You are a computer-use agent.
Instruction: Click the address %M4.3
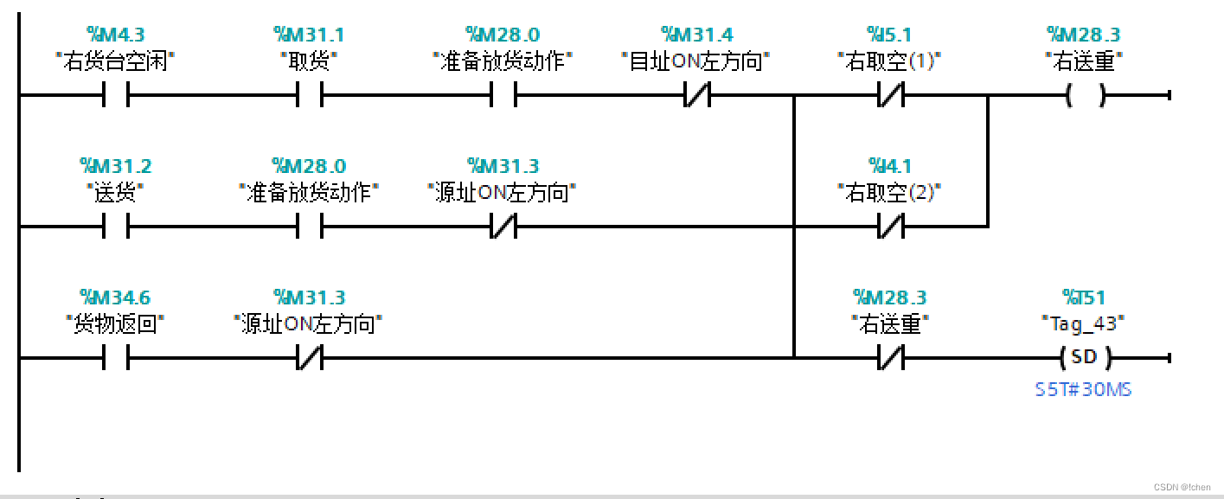pyautogui.click(x=115, y=35)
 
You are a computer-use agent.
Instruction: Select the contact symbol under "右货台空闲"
pyautogui.click(x=115, y=95)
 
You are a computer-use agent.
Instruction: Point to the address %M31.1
pyautogui.click(x=309, y=35)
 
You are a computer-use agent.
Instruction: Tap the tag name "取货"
pyautogui.click(x=309, y=61)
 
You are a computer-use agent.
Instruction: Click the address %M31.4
pyautogui.click(x=696, y=35)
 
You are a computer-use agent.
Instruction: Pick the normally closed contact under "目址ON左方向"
pyautogui.click(x=696, y=95)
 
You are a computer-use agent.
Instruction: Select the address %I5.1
pyautogui.click(x=889, y=35)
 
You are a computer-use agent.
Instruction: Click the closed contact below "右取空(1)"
pyautogui.click(x=891, y=95)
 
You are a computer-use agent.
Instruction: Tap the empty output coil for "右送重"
pyautogui.click(x=1085, y=95)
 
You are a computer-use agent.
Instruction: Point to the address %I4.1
pyautogui.click(x=889, y=166)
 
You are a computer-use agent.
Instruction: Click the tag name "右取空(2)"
pyautogui.click(x=889, y=193)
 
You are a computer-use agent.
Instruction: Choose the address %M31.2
pyautogui.click(x=115, y=166)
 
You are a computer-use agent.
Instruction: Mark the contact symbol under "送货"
pyautogui.click(x=115, y=227)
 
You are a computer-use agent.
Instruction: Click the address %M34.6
pyautogui.click(x=115, y=297)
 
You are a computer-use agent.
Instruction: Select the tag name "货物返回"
pyautogui.click(x=115, y=324)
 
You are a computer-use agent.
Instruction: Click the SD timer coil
pyautogui.click(x=1084, y=357)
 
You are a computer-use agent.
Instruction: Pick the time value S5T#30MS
pyautogui.click(x=1083, y=389)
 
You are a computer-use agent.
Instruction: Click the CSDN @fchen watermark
pyautogui.click(x=1182, y=487)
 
